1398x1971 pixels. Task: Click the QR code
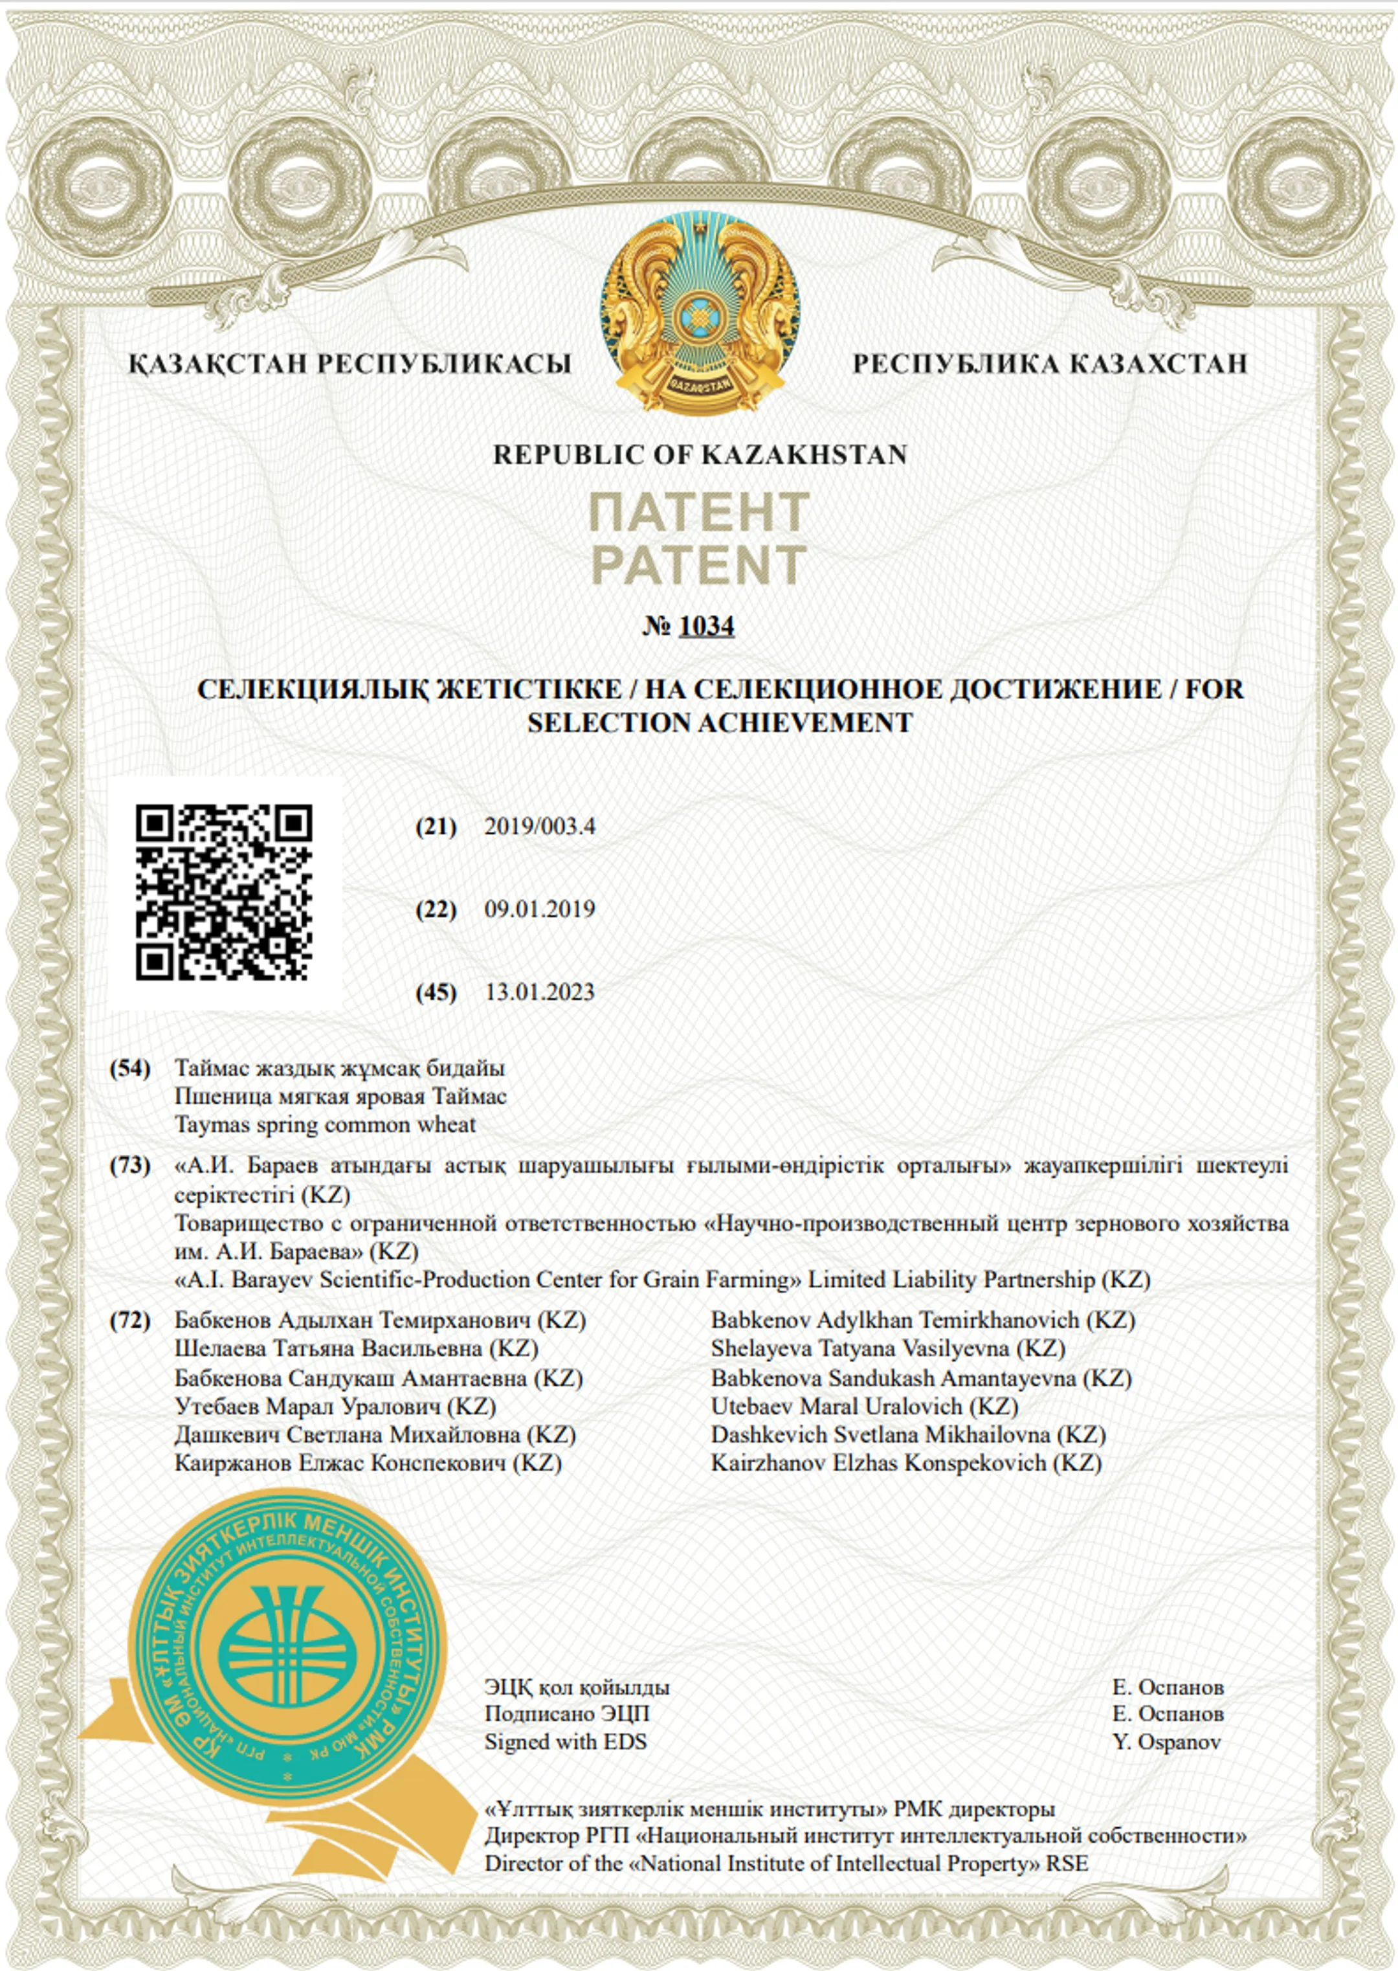pos(224,892)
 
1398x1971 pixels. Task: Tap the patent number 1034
pos(706,626)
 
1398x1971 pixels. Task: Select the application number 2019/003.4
pos(540,827)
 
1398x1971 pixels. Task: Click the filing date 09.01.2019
pos(540,909)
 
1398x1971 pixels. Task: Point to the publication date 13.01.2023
pos(540,992)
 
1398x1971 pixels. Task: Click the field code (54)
pos(129,1068)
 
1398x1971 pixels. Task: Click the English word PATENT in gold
pos(699,564)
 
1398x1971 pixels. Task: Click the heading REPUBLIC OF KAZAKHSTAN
pos(699,454)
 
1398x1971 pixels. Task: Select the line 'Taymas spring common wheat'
pos(326,1125)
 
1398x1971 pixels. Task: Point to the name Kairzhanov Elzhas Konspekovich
pos(905,1463)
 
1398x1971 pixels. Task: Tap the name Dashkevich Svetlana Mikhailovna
pos(907,1435)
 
